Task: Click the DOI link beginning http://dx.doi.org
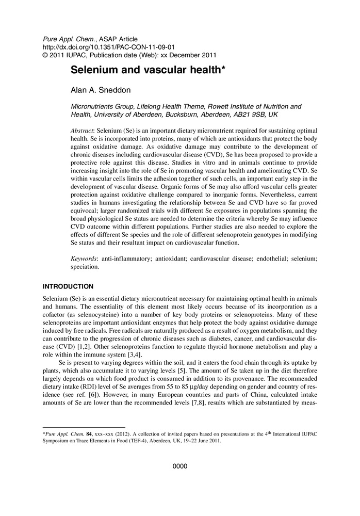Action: [87, 46]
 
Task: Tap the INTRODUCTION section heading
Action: [68, 286]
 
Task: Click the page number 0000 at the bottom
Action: [179, 466]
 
